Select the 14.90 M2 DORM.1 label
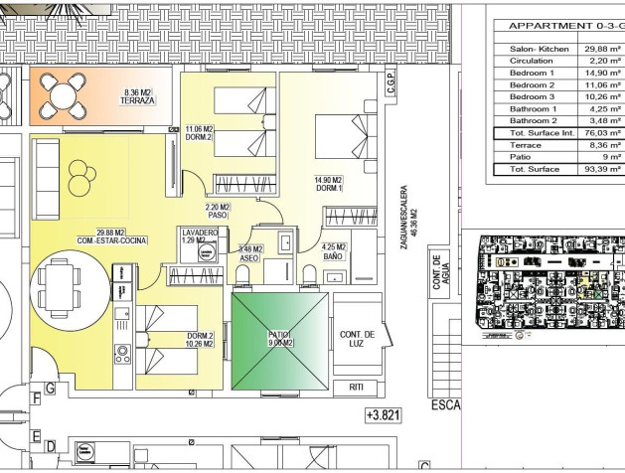329,184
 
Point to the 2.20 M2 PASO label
218,211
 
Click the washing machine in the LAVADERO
207,254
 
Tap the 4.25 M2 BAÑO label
334,251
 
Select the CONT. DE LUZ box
357,340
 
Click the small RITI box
357,387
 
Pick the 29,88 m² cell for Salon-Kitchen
602,47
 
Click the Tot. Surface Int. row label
535,132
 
